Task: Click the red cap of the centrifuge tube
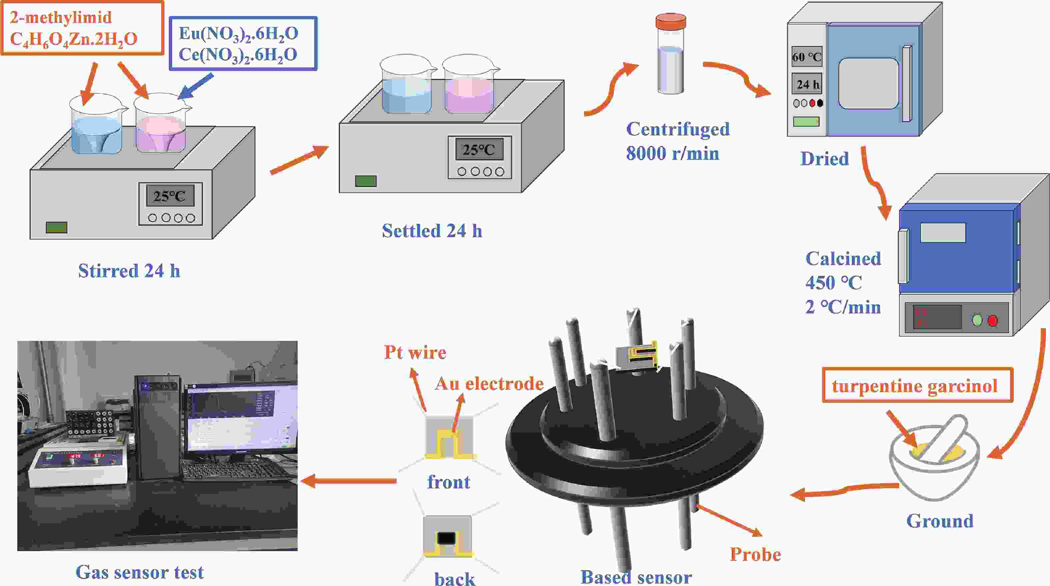(671, 21)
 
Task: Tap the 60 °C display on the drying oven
(806, 57)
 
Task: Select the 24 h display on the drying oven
(807, 84)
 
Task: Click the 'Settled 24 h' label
(432, 231)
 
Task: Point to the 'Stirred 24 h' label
(129, 271)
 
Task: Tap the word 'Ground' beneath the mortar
(940, 521)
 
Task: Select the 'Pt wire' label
(415, 352)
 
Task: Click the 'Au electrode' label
(489, 383)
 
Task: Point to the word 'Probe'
(755, 554)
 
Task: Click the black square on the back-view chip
(446, 538)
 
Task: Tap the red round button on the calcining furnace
(993, 320)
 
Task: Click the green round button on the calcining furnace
(977, 320)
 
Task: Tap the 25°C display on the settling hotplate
(479, 150)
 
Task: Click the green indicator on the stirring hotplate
(56, 228)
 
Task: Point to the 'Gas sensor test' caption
(139, 572)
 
